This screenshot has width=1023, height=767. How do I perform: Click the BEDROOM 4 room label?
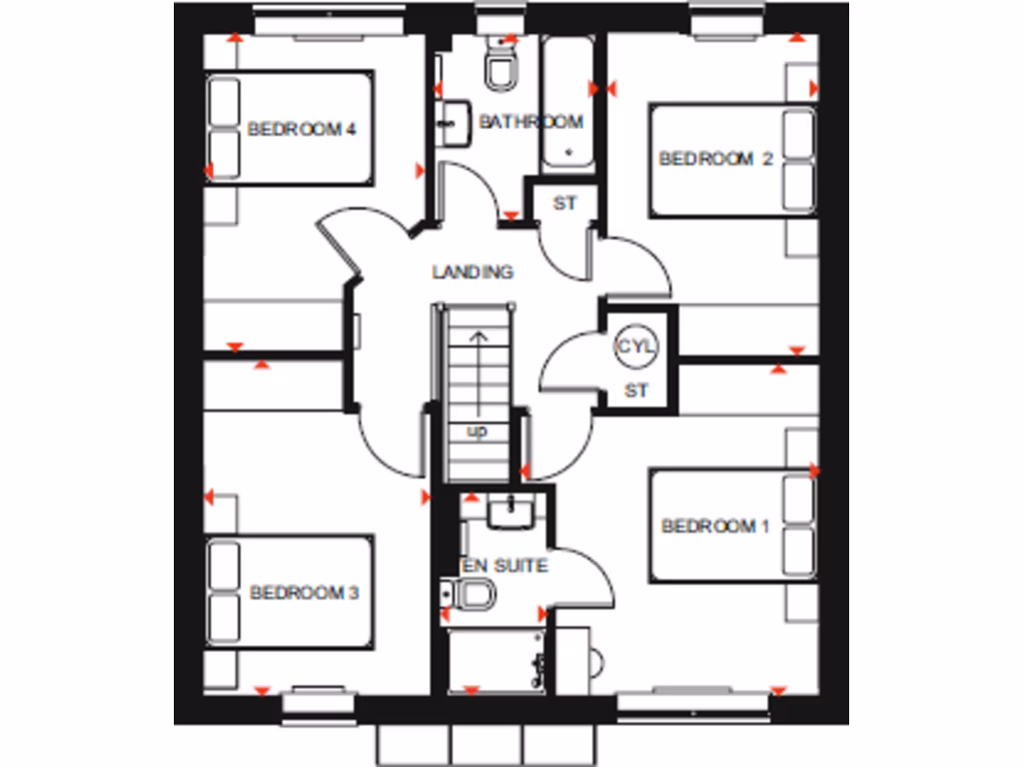[x=289, y=129]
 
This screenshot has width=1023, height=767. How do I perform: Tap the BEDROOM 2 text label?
[x=715, y=159]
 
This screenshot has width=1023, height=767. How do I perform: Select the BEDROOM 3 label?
[x=304, y=593]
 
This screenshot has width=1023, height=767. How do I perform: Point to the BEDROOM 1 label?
[x=715, y=526]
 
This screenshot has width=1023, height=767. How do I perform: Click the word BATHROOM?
[x=530, y=122]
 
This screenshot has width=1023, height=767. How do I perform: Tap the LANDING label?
[x=473, y=272]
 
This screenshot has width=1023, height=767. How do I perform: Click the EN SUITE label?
[x=505, y=566]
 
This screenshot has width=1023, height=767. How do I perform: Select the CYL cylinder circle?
[x=636, y=348]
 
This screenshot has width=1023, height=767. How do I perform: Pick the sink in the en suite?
[x=511, y=512]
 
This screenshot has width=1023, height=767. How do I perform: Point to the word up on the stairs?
[x=477, y=431]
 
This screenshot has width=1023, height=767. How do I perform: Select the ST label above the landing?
[x=565, y=204]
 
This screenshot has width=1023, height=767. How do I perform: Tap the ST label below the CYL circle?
[x=636, y=391]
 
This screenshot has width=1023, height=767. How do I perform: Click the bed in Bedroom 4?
[x=290, y=127]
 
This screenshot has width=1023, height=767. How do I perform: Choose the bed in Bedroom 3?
[x=290, y=592]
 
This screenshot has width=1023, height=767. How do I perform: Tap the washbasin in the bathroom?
[x=454, y=122]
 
